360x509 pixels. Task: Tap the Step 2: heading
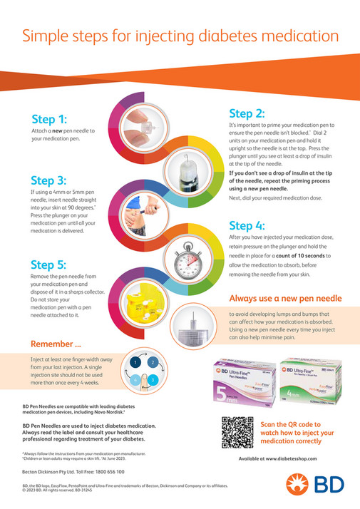coord(247,113)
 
